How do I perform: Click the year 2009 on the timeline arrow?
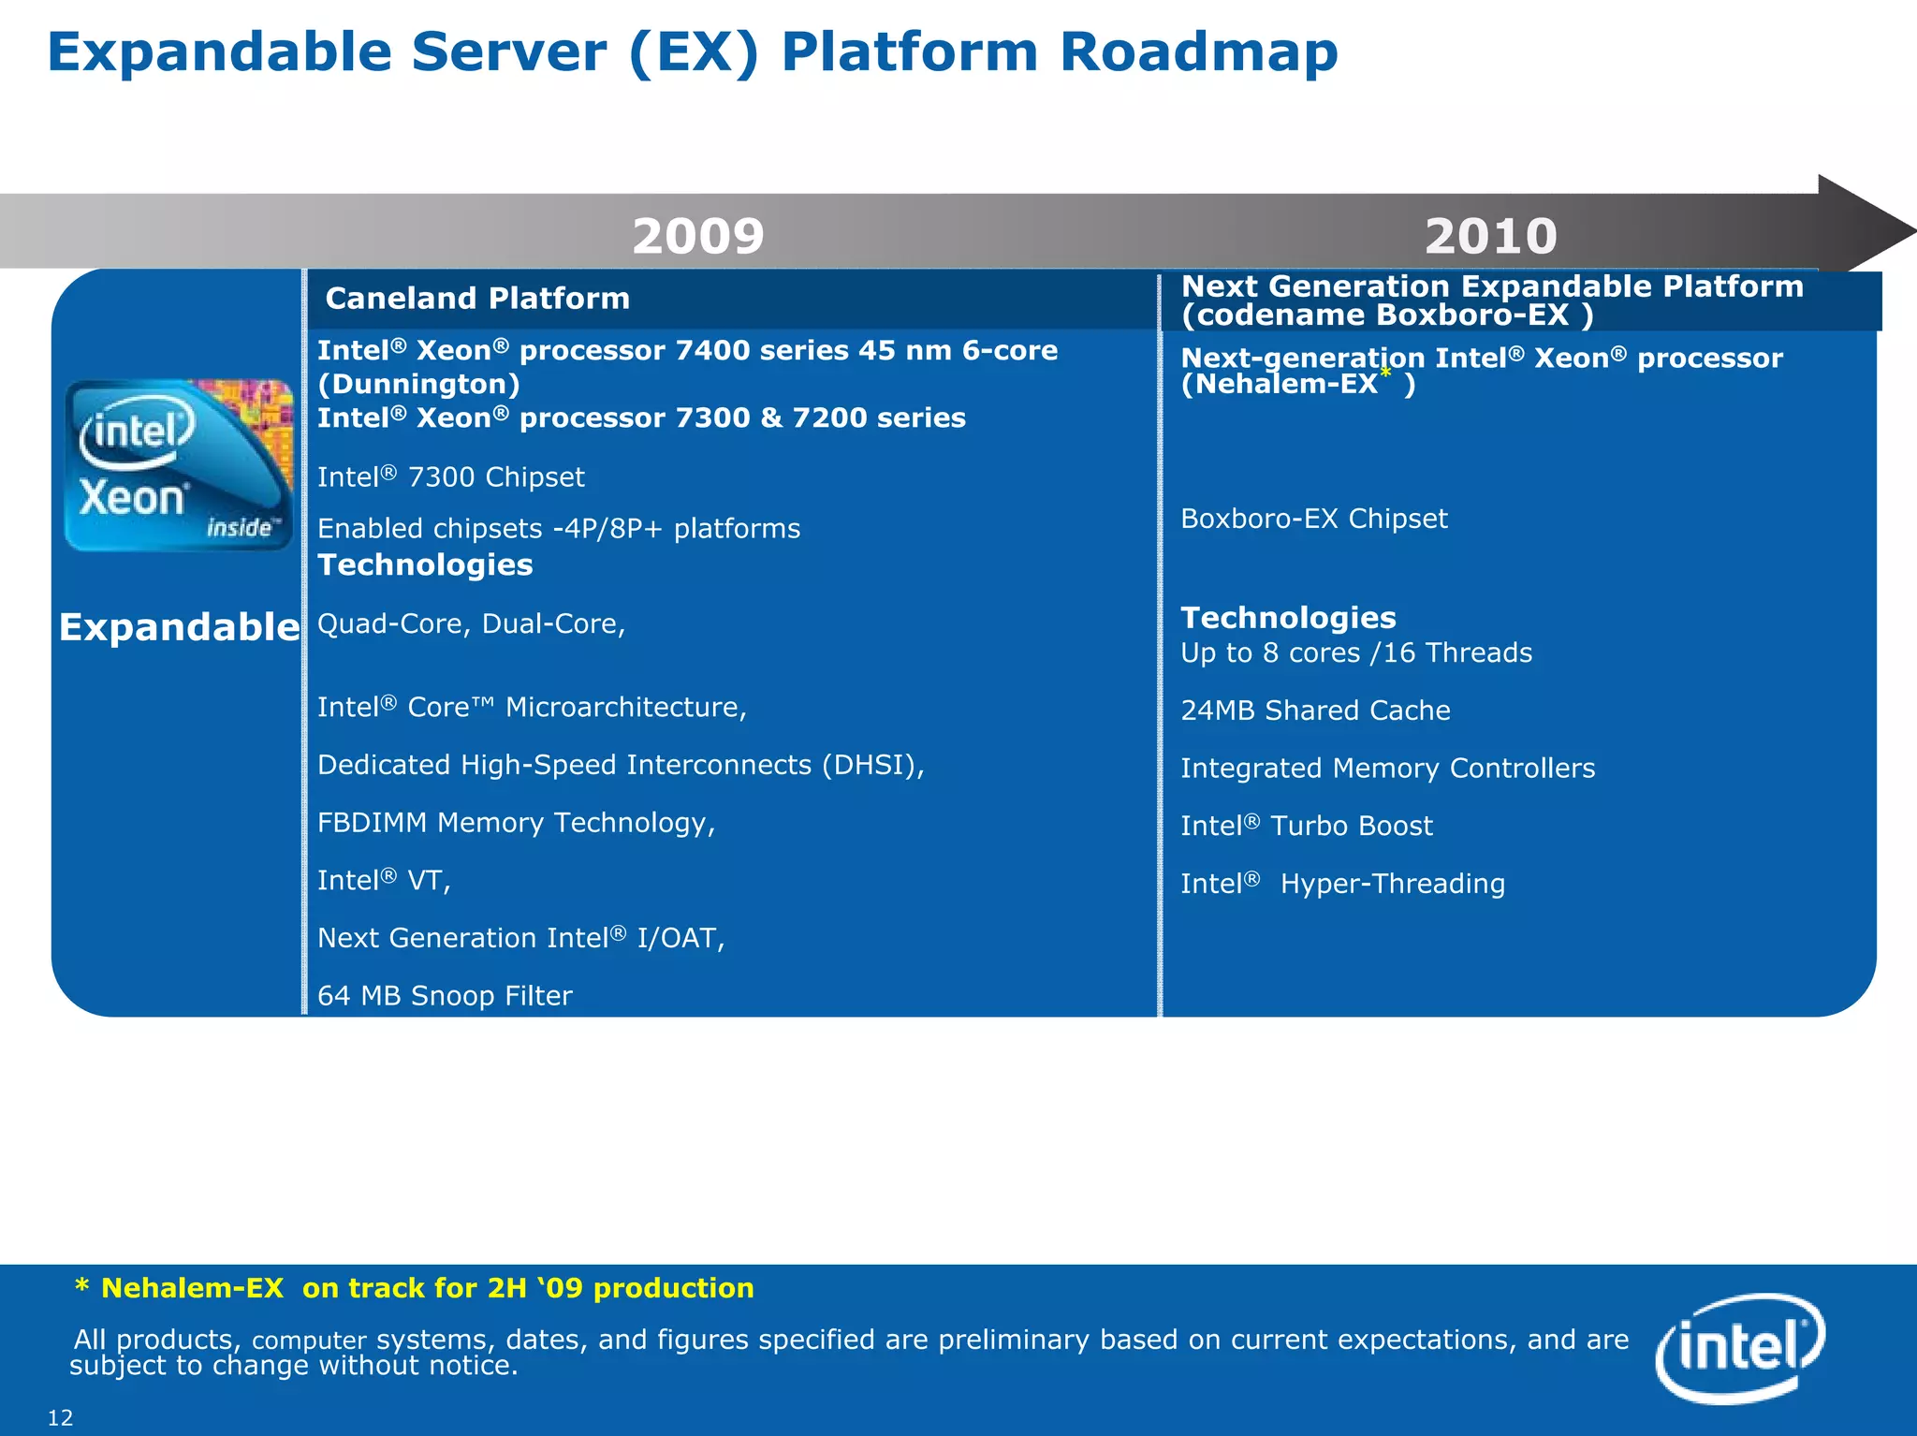pyautogui.click(x=698, y=236)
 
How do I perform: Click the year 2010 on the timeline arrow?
pyautogui.click(x=1490, y=236)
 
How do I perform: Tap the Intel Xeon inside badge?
pyautogui.click(x=178, y=465)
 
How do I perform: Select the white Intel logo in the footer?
pyautogui.click(x=1739, y=1347)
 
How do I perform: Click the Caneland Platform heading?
pyautogui.click(x=476, y=299)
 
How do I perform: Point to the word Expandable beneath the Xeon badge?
pyautogui.click(x=179, y=627)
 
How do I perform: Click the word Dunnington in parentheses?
pyautogui.click(x=418, y=384)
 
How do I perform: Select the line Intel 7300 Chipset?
pyautogui.click(x=450, y=477)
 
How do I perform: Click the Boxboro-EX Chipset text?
pyautogui.click(x=1313, y=519)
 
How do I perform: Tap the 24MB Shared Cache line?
pyautogui.click(x=1315, y=711)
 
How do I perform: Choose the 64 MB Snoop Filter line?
pyautogui.click(x=445, y=995)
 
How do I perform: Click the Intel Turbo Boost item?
pyautogui.click(x=1306, y=826)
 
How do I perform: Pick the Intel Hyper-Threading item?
pyautogui.click(x=1342, y=884)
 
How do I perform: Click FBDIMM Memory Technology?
pyautogui.click(x=516, y=823)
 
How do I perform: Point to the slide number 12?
pyautogui.click(x=60, y=1417)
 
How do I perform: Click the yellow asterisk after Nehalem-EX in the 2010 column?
pyautogui.click(x=1386, y=374)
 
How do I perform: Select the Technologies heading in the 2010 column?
pyautogui.click(x=1288, y=618)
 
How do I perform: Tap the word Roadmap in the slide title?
pyautogui.click(x=1198, y=52)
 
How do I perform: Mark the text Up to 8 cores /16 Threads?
pyautogui.click(x=1356, y=653)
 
